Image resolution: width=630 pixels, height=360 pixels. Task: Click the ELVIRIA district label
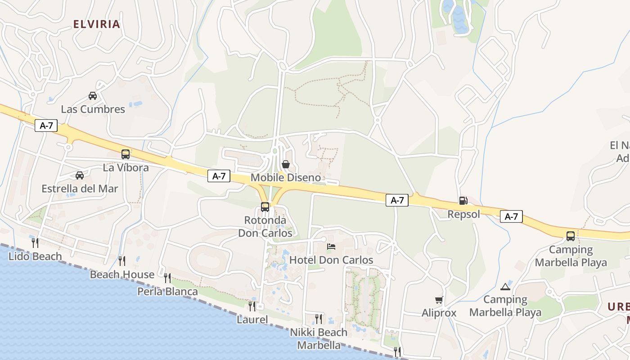[97, 24]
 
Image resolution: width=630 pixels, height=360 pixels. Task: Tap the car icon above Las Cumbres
[93, 96]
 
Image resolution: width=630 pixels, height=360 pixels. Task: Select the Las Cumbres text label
[93, 109]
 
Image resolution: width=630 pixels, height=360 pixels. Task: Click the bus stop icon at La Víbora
[126, 154]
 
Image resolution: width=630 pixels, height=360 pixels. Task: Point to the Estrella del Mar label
[80, 189]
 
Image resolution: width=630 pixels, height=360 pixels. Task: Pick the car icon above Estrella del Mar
[80, 175]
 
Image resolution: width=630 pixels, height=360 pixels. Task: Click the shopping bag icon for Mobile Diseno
[285, 164]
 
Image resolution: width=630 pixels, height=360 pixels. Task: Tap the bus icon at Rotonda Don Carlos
[265, 207]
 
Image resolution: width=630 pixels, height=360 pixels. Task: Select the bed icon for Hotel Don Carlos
[331, 247]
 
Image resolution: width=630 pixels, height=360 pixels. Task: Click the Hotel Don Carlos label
[331, 260]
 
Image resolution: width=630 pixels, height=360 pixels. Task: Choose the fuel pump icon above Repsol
[463, 201]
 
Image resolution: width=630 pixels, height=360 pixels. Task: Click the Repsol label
[463, 214]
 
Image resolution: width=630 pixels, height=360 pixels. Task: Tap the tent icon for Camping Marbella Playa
[505, 287]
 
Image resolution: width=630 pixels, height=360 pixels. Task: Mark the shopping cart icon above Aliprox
[439, 300]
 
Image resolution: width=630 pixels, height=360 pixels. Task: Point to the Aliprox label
[439, 313]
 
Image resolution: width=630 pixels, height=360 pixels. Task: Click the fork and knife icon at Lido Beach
[35, 243]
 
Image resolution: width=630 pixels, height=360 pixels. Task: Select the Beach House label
[122, 274]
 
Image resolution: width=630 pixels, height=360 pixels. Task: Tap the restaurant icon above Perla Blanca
[167, 278]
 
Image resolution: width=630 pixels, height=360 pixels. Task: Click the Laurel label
[252, 320]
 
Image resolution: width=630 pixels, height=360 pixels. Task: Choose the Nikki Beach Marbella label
[319, 339]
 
